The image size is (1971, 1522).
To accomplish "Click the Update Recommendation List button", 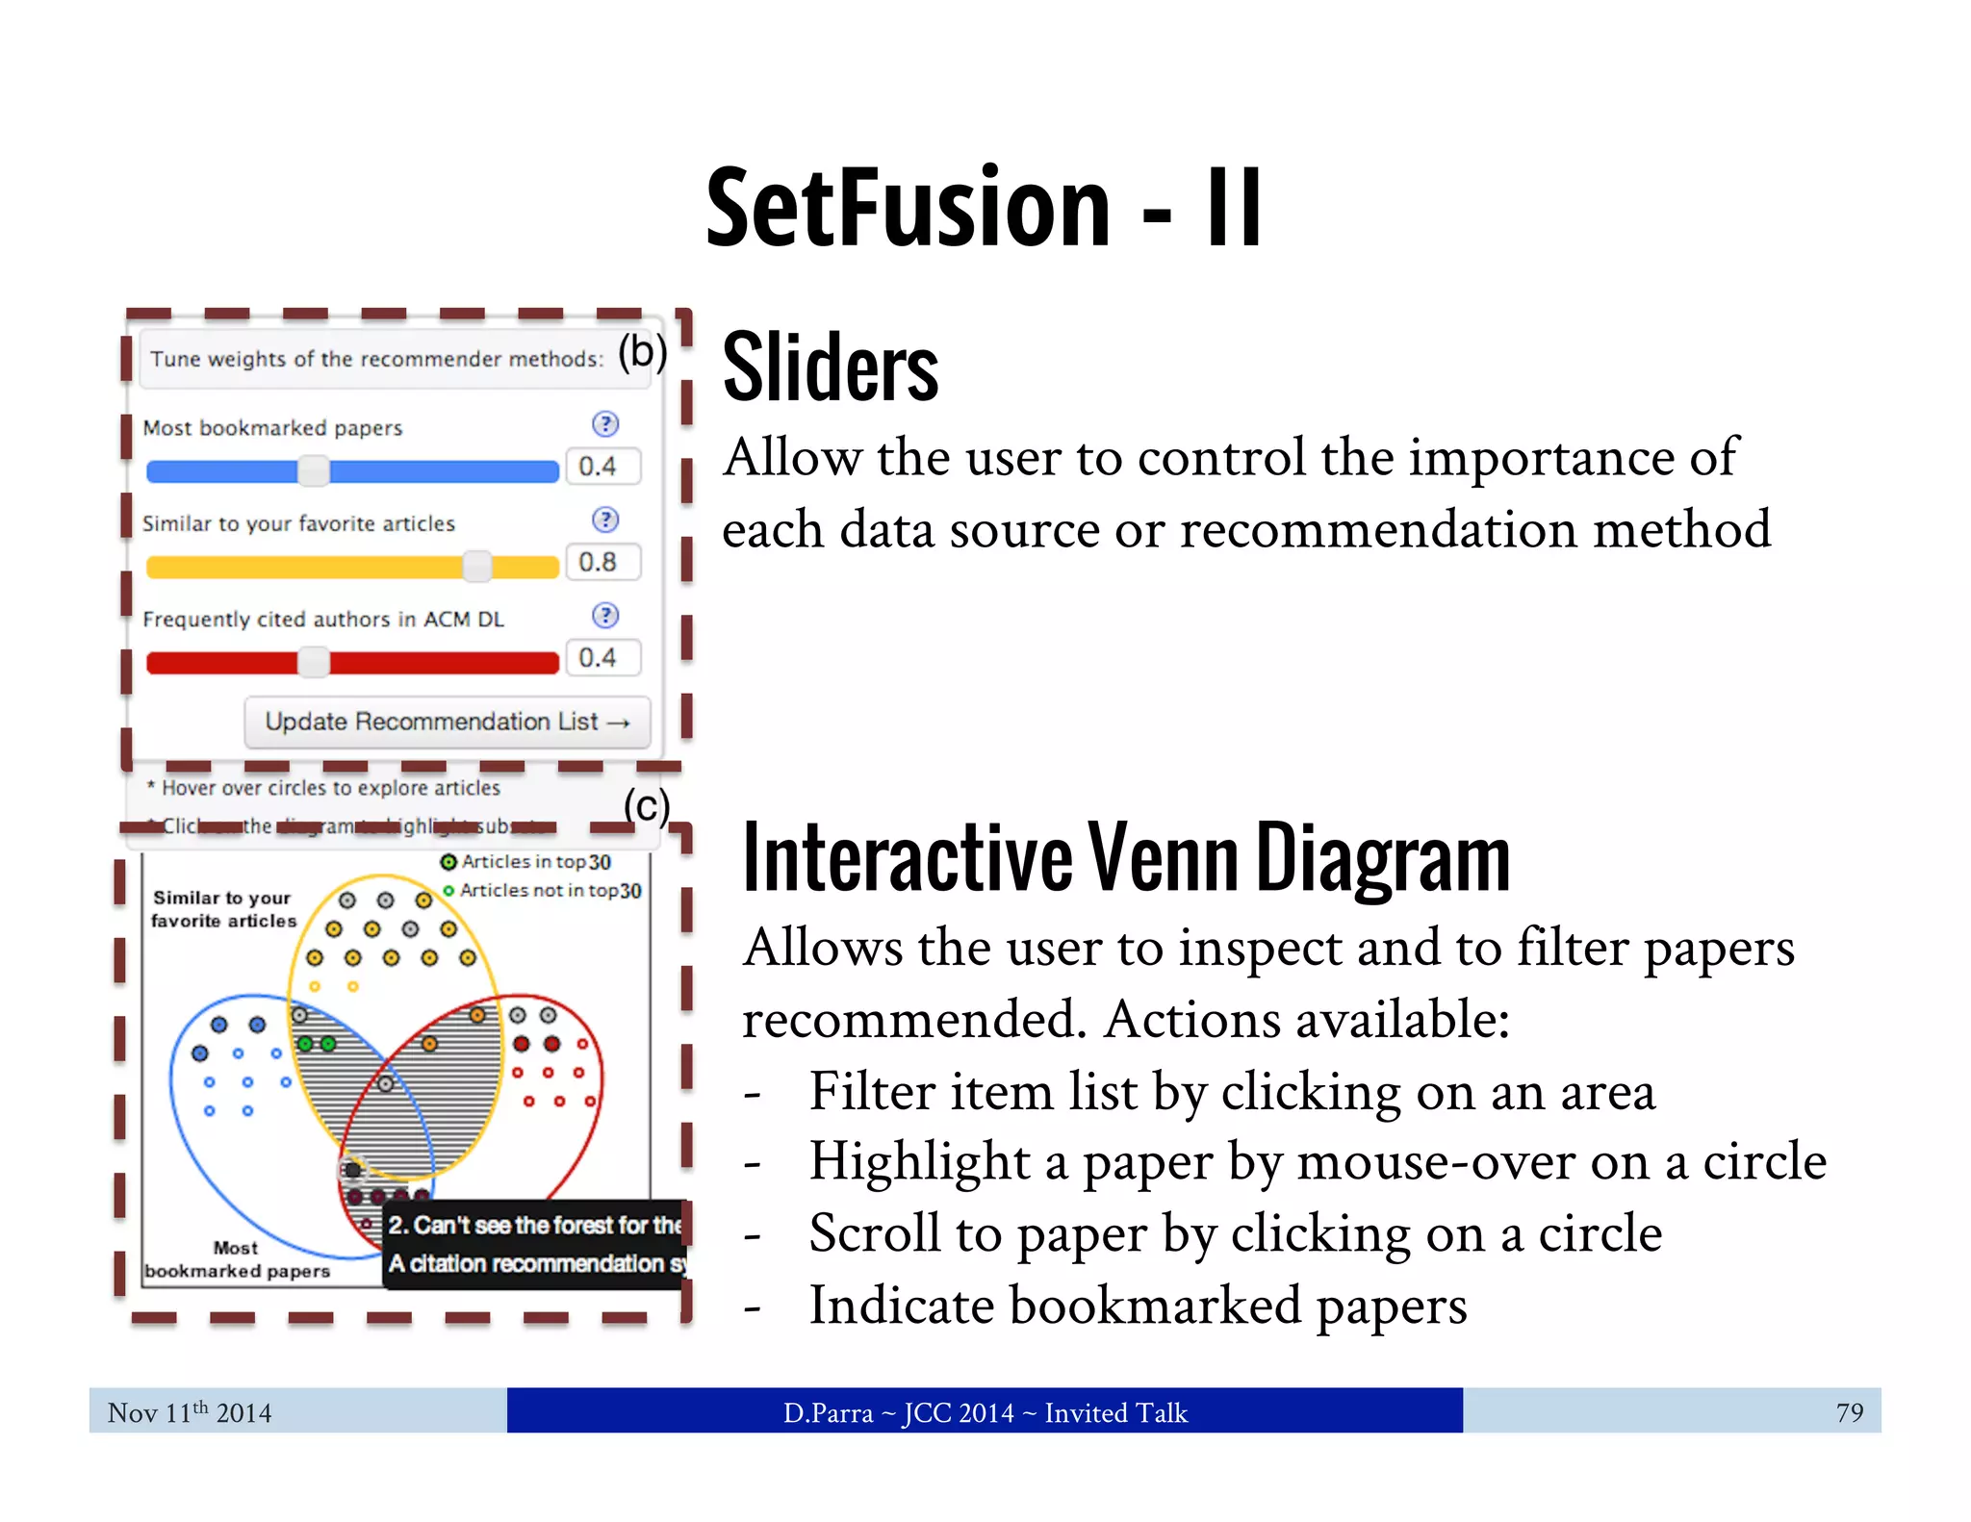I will coord(447,722).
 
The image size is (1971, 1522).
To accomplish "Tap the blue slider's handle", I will coord(314,470).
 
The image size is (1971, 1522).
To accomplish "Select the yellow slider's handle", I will coord(477,567).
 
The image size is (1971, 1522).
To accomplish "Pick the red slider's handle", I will coord(314,662).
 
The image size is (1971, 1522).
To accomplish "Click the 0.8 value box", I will coord(602,562).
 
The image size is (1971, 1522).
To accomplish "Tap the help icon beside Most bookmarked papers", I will coord(605,424).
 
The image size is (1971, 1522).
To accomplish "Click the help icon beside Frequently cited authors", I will coord(605,616).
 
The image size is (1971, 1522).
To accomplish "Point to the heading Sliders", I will coord(831,368).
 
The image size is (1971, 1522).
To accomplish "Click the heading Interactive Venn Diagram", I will coord(1126,858).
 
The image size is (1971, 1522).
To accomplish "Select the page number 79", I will coord(1849,1412).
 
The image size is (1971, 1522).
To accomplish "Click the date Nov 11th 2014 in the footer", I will coord(190,1412).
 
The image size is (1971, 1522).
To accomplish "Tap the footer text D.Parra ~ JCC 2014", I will coord(985,1412).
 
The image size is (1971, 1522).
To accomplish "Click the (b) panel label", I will coord(642,352).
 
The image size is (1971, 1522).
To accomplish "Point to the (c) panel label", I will coord(646,806).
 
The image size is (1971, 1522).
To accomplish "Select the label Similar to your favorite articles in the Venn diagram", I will coord(223,909).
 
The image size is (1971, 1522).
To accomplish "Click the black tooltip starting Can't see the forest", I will coord(535,1244).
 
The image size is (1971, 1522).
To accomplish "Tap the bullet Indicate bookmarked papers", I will coord(1138,1306).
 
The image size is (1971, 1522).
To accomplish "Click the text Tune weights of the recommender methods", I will coord(376,359).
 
